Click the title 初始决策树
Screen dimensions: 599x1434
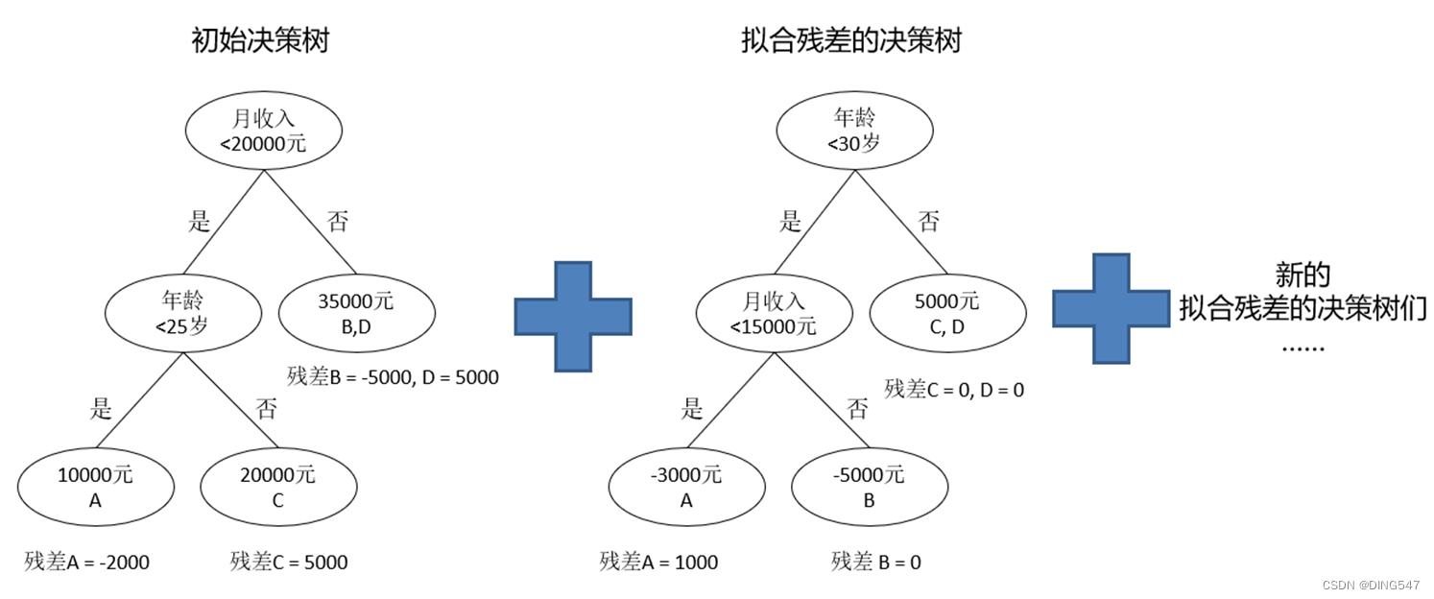tap(259, 41)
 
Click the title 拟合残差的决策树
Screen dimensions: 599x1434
tap(851, 41)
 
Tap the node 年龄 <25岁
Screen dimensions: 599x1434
tap(182, 313)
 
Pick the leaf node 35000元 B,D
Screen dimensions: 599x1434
tap(356, 313)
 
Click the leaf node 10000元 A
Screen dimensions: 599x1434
tap(96, 488)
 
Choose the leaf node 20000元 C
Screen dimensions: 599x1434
tap(279, 488)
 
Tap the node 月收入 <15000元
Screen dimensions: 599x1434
tap(774, 313)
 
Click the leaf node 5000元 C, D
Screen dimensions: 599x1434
tap(947, 313)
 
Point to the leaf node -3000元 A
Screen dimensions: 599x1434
tap(686, 488)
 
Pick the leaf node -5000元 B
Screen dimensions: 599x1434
tap(870, 488)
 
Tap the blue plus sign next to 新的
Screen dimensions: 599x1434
tap(1111, 308)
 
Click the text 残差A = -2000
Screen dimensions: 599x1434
tap(87, 563)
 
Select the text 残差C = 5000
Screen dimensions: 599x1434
tap(289, 563)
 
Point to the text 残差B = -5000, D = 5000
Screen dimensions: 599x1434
tap(393, 377)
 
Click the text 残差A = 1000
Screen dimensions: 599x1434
tap(658, 563)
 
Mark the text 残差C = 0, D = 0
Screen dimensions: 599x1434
tap(954, 390)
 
